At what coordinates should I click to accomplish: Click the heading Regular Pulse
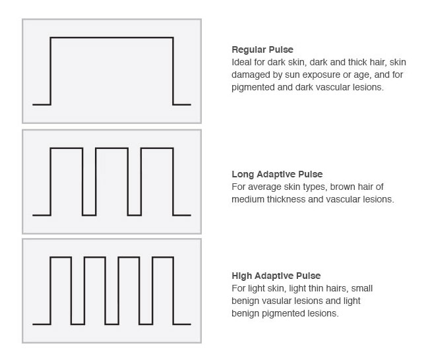[x=262, y=49]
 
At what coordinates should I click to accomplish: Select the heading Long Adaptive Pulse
[x=277, y=174]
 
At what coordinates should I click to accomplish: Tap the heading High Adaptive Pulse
[x=276, y=276]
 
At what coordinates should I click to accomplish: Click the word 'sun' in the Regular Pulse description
[x=292, y=75]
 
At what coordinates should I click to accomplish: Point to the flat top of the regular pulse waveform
[x=111, y=38]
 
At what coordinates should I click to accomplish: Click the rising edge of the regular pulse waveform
[x=51, y=71]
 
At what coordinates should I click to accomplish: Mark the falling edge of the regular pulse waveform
[x=173, y=71]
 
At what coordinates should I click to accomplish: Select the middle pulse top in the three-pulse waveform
[x=111, y=148]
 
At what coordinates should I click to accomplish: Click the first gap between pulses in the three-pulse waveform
[x=89, y=215]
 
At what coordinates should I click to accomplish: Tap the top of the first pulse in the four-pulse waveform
[x=61, y=257]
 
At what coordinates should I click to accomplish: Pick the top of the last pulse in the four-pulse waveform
[x=163, y=257]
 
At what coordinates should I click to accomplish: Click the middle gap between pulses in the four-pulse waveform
[x=111, y=324]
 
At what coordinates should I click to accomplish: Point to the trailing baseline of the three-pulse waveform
[x=182, y=215]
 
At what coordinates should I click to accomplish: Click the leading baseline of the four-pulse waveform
[x=42, y=324]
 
